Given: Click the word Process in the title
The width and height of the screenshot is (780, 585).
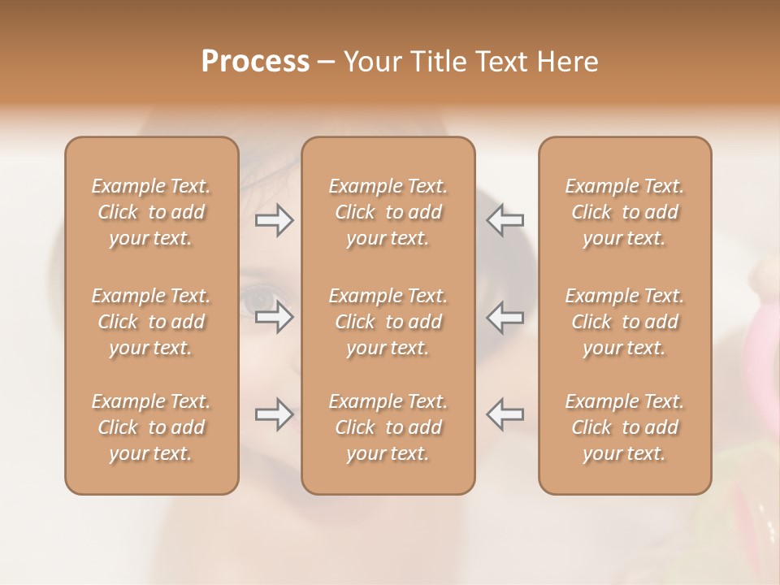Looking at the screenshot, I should click(x=255, y=62).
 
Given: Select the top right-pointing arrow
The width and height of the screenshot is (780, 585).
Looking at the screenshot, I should click(x=275, y=219).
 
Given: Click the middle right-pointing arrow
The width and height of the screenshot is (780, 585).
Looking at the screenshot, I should click(x=275, y=317).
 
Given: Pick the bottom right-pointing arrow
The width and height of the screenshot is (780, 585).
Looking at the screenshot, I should click(x=275, y=414).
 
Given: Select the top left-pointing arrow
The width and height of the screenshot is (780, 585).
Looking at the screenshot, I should click(x=505, y=219).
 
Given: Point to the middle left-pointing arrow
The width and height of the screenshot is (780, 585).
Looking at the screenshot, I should click(x=505, y=317).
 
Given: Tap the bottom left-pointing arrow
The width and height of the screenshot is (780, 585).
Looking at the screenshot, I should click(x=505, y=414).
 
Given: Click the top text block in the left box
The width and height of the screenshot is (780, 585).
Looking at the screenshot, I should click(x=151, y=212).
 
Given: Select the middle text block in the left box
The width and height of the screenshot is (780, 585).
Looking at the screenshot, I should click(x=151, y=322).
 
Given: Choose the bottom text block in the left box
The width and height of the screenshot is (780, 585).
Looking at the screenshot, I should click(x=151, y=427).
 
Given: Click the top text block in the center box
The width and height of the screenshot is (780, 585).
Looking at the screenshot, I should click(x=388, y=212).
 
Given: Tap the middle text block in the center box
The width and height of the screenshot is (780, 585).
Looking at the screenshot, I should click(x=388, y=322).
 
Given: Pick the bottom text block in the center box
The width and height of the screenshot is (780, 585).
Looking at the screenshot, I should click(x=388, y=427).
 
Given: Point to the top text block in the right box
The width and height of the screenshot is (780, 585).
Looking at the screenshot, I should click(x=625, y=212).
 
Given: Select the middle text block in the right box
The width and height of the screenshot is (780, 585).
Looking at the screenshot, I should click(x=625, y=322).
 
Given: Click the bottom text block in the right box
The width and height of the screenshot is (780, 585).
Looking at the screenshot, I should click(x=625, y=427).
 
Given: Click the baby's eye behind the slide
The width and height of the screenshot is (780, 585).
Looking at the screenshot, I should click(x=262, y=299).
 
